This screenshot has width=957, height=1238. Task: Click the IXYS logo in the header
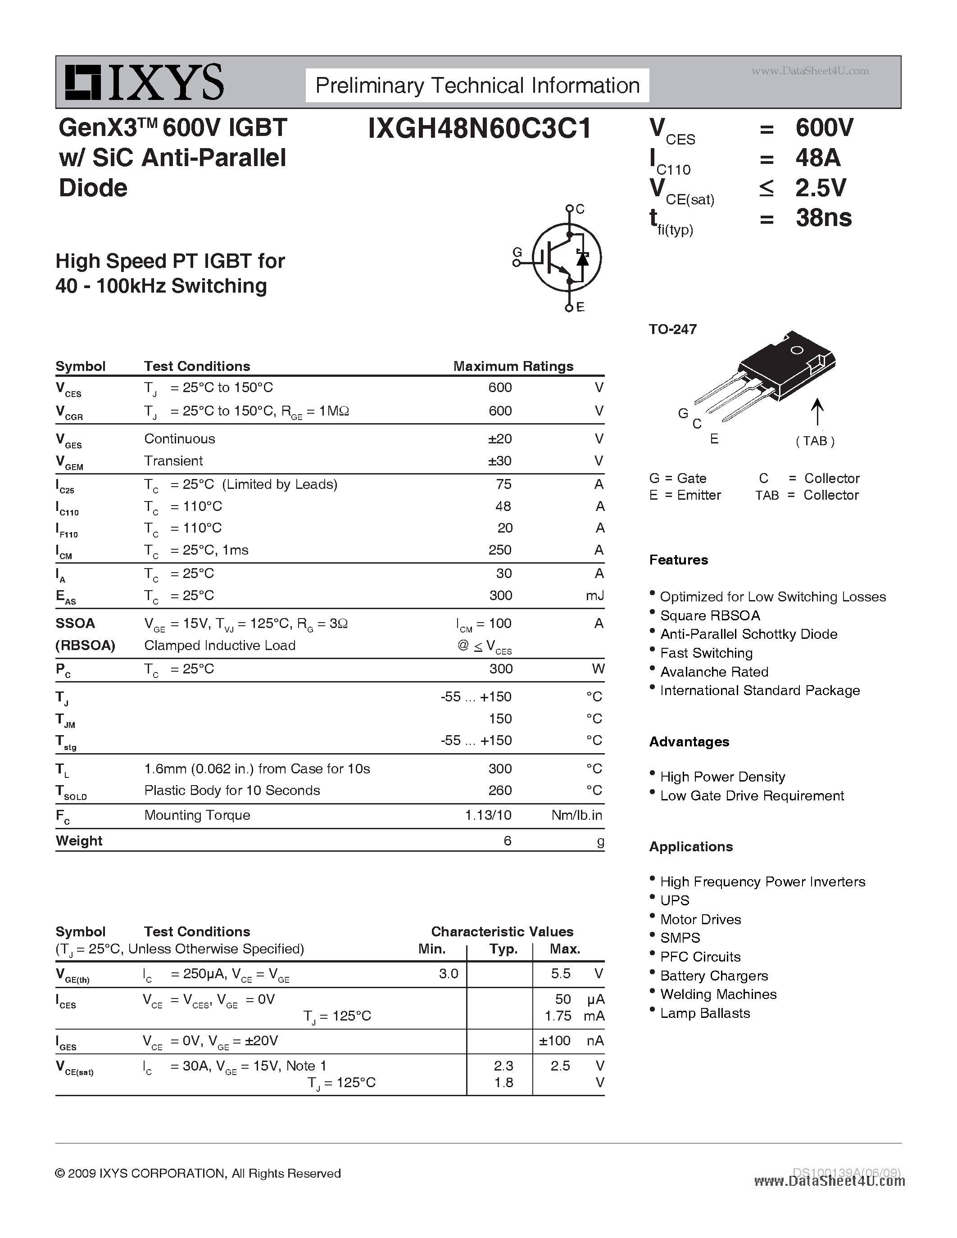(144, 83)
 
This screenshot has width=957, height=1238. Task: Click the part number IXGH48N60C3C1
(479, 129)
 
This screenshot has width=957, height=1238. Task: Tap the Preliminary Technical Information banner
(477, 86)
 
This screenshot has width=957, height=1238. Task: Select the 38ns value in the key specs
(823, 218)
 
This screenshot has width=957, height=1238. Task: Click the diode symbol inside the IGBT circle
(582, 258)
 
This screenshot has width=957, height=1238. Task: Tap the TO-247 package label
(672, 330)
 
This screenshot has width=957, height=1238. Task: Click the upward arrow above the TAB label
(816, 411)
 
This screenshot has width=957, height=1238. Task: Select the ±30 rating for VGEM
(499, 461)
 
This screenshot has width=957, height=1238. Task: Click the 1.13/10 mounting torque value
(488, 815)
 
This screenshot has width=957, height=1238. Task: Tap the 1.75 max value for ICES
(558, 1016)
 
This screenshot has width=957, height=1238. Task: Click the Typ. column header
(503, 949)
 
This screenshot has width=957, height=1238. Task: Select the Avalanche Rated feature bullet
(714, 672)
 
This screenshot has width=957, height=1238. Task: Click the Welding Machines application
(718, 994)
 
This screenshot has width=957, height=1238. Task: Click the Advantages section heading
(689, 742)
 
